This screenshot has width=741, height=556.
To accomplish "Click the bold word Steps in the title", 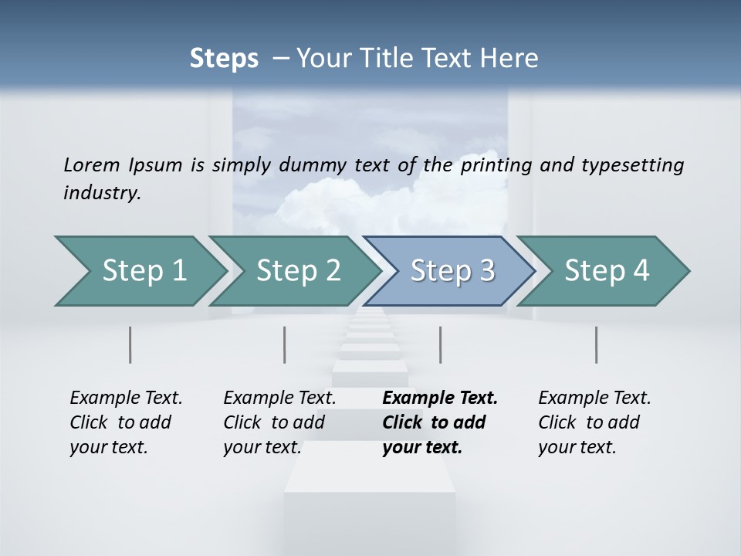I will click(224, 59).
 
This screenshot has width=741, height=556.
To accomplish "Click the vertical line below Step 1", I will click(130, 344).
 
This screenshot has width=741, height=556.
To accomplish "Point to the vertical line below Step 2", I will click(285, 344).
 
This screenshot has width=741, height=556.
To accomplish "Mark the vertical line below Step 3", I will click(440, 344).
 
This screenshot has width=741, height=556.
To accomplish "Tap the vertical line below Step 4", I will click(597, 344).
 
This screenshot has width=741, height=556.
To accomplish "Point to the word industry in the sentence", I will click(102, 193).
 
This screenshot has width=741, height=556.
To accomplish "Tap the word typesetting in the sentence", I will click(632, 165).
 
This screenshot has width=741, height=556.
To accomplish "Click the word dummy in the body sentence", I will click(333, 165).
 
